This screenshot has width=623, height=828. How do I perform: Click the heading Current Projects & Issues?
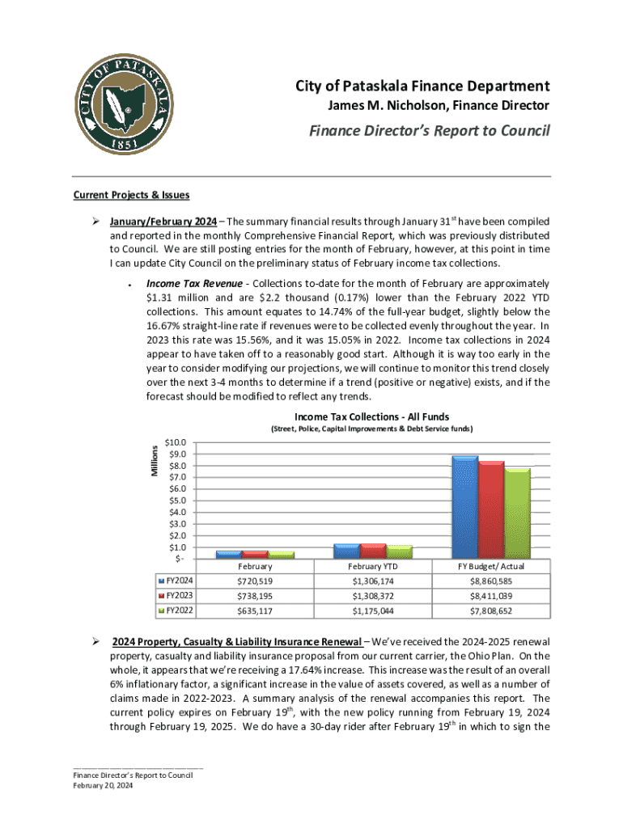pos(131,195)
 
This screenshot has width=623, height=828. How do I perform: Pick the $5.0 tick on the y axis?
pos(176,501)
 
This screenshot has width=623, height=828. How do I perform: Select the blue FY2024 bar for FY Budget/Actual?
pos(465,506)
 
